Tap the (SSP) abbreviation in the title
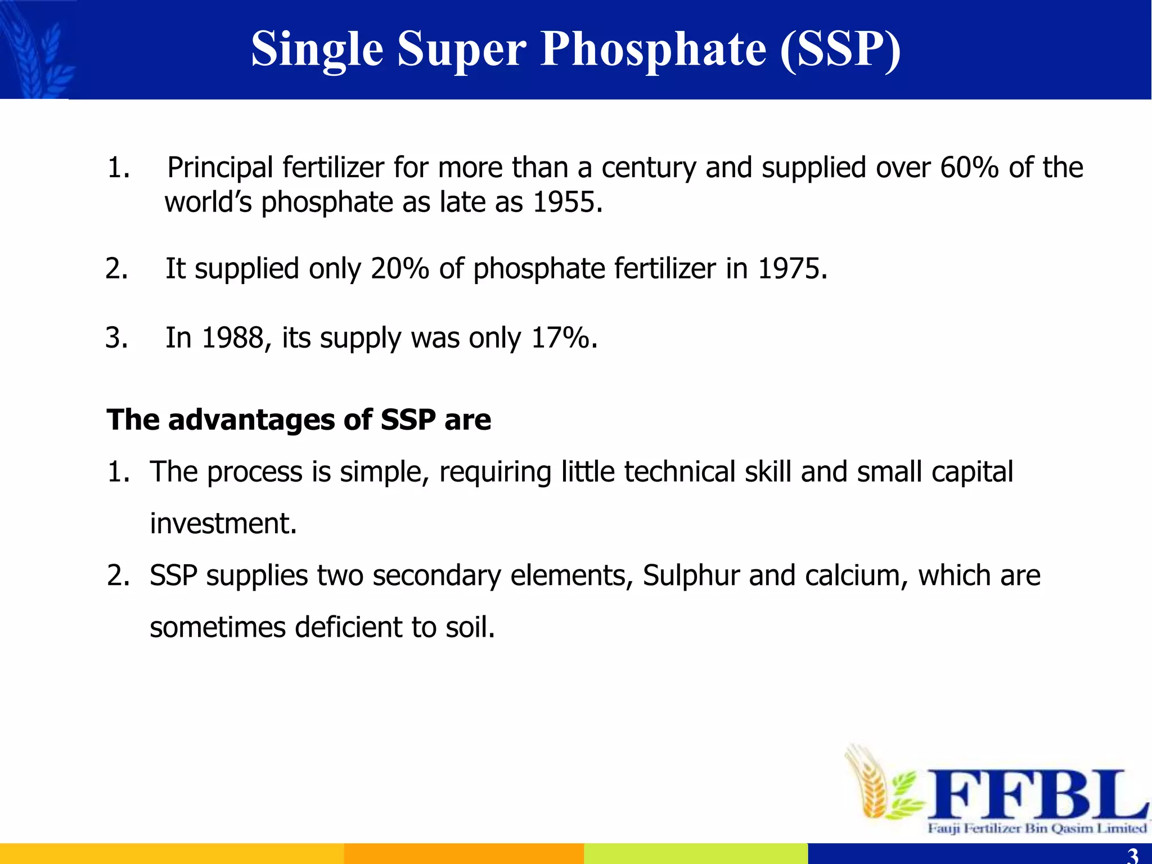coord(840,49)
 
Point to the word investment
coord(222,524)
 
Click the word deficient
coord(348,627)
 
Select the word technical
coord(679,471)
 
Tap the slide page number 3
coord(1133,856)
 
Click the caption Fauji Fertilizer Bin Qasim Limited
coord(1037,828)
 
